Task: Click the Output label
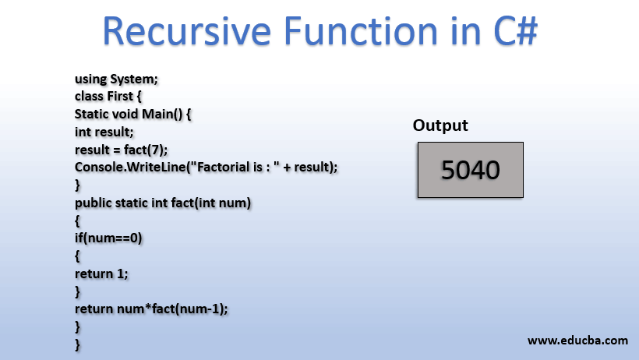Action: point(440,125)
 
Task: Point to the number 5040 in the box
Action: point(470,169)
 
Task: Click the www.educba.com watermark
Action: point(577,341)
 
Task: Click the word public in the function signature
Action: point(93,203)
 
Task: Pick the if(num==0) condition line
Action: point(108,238)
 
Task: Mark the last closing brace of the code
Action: point(77,344)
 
